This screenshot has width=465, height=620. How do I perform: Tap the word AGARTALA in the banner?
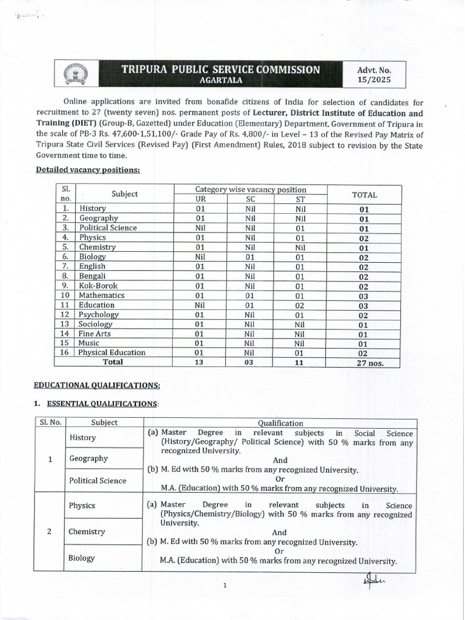[x=221, y=80]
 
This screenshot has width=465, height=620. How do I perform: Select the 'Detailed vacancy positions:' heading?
[x=88, y=171]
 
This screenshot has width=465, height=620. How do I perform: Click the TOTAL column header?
[x=364, y=194]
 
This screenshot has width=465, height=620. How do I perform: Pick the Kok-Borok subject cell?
[x=98, y=285]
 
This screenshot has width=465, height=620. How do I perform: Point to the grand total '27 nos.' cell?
[x=364, y=363]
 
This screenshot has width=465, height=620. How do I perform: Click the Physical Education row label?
[x=111, y=352]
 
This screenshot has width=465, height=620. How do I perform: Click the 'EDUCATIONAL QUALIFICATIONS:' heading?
[x=97, y=385]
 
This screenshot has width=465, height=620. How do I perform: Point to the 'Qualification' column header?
[x=280, y=423]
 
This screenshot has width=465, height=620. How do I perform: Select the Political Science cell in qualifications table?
[x=97, y=481]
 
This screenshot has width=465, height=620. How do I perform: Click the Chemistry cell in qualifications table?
[x=87, y=532]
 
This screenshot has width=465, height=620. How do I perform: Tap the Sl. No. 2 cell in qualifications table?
[x=49, y=532]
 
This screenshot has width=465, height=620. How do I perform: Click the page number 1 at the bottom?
[x=225, y=585]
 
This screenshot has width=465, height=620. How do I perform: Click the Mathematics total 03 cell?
[x=364, y=295]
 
